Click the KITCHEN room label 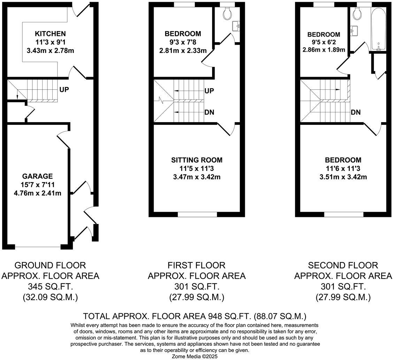50,34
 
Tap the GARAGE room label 37,177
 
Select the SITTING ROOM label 196,160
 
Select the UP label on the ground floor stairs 64,90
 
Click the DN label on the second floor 356,112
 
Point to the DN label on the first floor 209,112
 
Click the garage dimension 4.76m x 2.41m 37,193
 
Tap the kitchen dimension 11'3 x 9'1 50,42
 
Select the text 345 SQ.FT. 50,287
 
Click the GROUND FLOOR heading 50,265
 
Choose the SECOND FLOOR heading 343,265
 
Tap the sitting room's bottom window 197,214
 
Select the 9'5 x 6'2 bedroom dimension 324,42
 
